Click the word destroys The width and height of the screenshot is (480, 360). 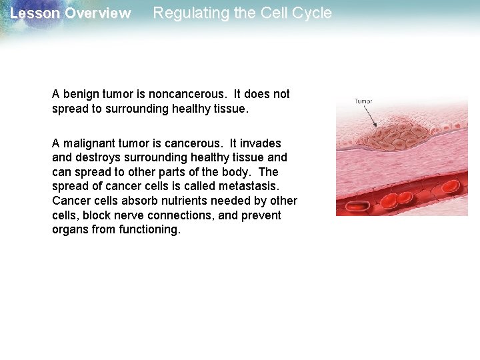[99, 157]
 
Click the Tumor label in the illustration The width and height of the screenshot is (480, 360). [363, 101]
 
